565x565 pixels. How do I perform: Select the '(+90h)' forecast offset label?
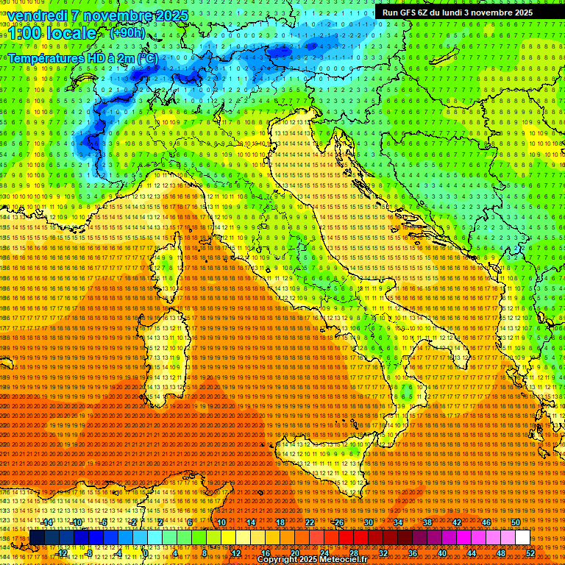coord(126,33)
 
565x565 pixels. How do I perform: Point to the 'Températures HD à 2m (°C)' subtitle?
coord(82,57)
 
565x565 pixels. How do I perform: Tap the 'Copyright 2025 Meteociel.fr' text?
coord(317,560)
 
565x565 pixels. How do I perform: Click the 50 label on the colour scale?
coord(515,522)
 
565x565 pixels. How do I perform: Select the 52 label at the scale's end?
coord(530,552)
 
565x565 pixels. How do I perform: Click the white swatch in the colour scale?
coord(522,538)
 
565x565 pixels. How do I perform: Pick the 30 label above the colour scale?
coord(368,522)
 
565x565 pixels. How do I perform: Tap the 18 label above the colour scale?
coord(280,522)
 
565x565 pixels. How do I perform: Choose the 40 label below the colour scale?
coord(441,552)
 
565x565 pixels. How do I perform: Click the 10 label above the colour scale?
coord(221,522)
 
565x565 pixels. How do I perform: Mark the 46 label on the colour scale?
coord(486,522)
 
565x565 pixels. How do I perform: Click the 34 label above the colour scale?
coord(397,522)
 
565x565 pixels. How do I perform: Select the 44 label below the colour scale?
coord(471,552)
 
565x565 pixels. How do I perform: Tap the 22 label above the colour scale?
coord(309,522)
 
